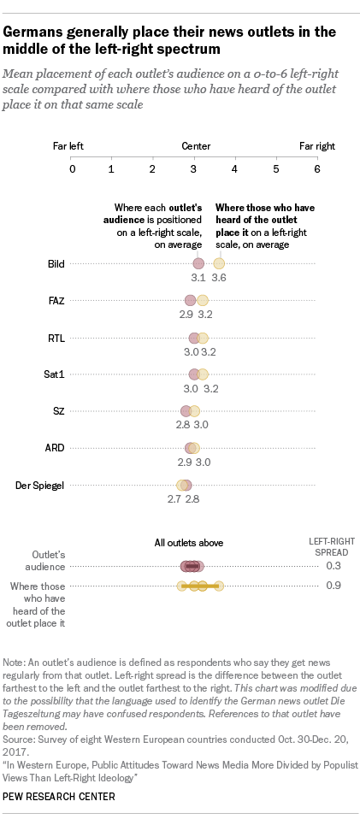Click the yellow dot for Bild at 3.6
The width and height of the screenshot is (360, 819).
click(x=219, y=263)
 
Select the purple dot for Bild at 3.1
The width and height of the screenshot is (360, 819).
click(x=198, y=263)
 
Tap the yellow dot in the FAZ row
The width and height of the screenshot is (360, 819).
click(x=203, y=300)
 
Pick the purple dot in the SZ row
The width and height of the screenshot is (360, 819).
click(x=186, y=411)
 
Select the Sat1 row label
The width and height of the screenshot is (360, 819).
click(x=56, y=374)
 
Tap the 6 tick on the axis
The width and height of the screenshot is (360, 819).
click(x=316, y=168)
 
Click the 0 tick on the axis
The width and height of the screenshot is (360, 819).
click(x=72, y=168)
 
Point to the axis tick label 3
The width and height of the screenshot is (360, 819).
click(x=194, y=168)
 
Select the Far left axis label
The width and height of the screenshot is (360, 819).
click(x=68, y=146)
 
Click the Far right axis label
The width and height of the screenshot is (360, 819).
click(x=316, y=146)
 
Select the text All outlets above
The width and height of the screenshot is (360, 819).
click(x=191, y=542)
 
